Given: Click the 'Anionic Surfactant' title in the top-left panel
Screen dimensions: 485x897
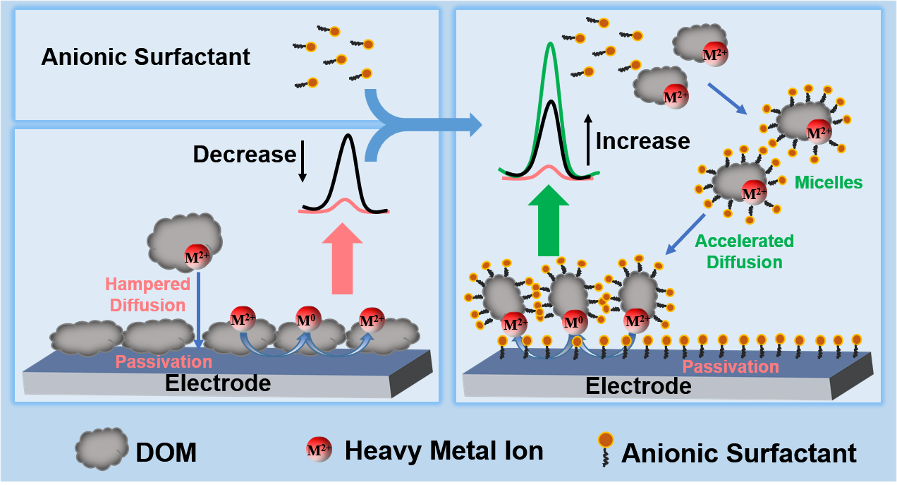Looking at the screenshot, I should pyautogui.click(x=145, y=56).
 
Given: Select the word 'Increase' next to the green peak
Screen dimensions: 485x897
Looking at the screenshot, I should pyautogui.click(x=642, y=141).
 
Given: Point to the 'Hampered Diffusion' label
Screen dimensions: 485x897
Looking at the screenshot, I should pyautogui.click(x=148, y=294).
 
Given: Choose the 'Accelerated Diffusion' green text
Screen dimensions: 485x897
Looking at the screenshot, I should pyautogui.click(x=744, y=251).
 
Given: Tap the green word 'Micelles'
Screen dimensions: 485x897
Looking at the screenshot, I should pyautogui.click(x=829, y=182).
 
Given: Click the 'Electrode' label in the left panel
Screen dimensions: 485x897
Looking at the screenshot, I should pyautogui.click(x=217, y=383).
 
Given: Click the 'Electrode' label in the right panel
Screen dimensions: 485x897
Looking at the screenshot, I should pyautogui.click(x=638, y=386).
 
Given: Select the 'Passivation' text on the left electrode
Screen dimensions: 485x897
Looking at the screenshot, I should pyautogui.click(x=164, y=361).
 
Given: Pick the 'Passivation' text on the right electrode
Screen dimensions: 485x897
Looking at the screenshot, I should pyautogui.click(x=731, y=366).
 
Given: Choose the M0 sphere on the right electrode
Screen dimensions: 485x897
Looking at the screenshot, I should pyautogui.click(x=575, y=323).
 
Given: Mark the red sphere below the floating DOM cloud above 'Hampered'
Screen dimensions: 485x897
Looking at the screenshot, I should pyautogui.click(x=197, y=257).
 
